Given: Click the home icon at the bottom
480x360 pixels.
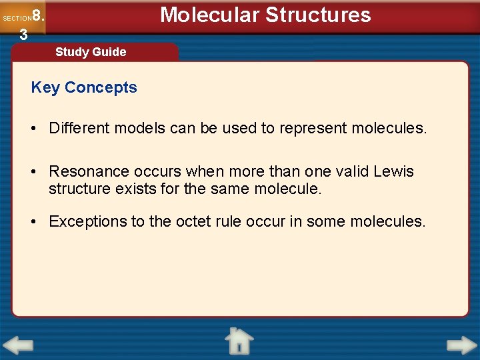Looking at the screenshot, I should pyautogui.click(x=239, y=341).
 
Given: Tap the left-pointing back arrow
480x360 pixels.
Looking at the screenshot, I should pyautogui.click(x=18, y=346).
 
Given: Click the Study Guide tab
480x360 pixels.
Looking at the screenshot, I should pyautogui.click(x=91, y=52).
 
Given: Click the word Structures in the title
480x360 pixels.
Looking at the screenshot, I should pyautogui.click(x=319, y=15).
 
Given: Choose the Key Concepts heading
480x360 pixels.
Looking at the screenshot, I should pyautogui.click(x=84, y=87).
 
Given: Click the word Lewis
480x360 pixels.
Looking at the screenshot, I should pyautogui.click(x=393, y=171).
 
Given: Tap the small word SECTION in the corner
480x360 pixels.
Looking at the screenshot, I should pyautogui.click(x=17, y=19).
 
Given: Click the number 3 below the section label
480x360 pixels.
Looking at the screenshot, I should pyautogui.click(x=23, y=35).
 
